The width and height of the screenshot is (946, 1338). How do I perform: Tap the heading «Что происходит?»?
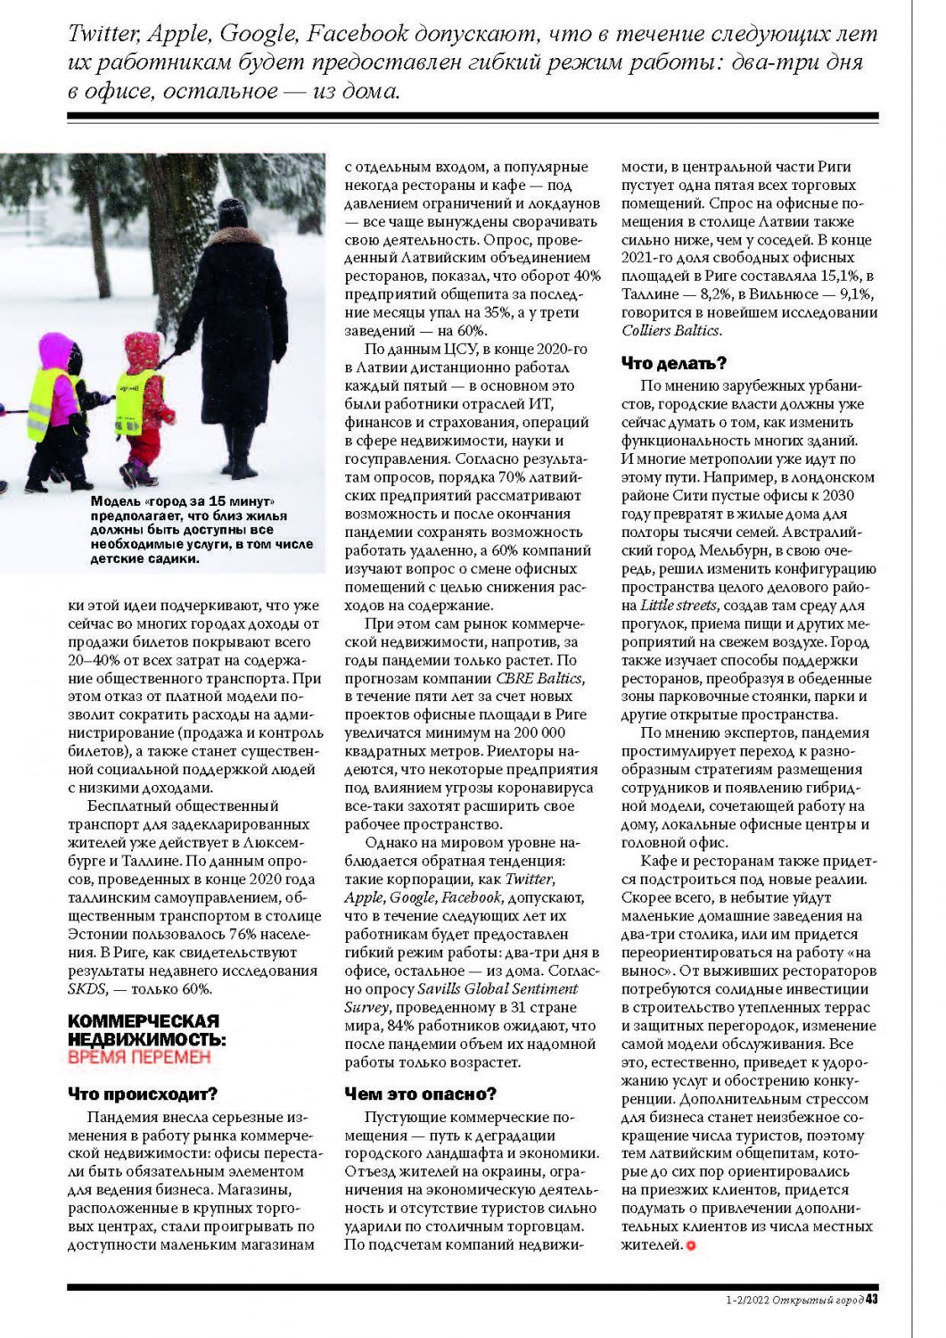(143, 1094)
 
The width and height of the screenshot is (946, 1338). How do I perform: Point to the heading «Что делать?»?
(674, 363)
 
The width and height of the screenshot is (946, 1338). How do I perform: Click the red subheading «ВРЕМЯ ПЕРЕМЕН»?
(139, 1057)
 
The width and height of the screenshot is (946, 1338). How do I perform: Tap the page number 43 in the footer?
(872, 1299)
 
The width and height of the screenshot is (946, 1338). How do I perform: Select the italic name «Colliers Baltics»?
(670, 331)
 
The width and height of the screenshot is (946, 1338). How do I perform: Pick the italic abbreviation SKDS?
(86, 989)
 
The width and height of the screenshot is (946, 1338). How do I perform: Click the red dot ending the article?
(690, 1245)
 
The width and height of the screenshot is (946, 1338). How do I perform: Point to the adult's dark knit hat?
(233, 214)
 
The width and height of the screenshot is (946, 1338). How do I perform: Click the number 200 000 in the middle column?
(535, 733)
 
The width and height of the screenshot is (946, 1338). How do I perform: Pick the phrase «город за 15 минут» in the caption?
(212, 501)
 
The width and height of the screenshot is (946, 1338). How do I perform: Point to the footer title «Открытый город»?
(818, 1300)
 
